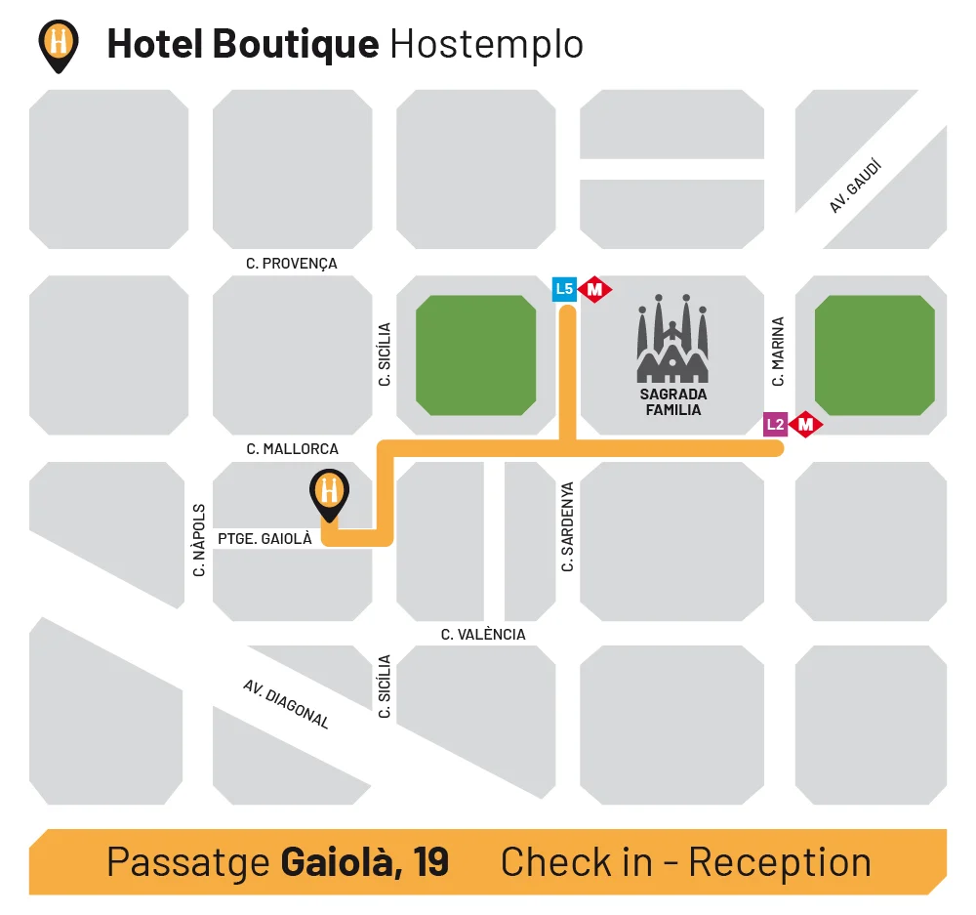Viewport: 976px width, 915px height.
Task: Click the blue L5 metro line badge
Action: pyautogui.click(x=564, y=289)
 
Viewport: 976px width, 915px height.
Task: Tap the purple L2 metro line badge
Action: pyautogui.click(x=775, y=424)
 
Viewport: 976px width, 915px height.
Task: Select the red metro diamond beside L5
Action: pyautogui.click(x=594, y=289)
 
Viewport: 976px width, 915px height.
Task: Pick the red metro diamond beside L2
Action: pyautogui.click(x=806, y=424)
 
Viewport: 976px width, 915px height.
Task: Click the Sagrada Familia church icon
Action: pyautogui.click(x=672, y=338)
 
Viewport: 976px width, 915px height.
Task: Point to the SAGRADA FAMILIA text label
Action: pyautogui.click(x=672, y=402)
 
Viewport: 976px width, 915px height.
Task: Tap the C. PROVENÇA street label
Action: pyautogui.click(x=292, y=264)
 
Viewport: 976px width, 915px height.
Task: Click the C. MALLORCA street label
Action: pyautogui.click(x=293, y=449)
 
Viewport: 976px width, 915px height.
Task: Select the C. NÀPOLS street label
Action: pyautogui.click(x=199, y=540)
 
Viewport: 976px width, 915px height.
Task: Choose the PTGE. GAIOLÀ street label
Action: pyautogui.click(x=264, y=538)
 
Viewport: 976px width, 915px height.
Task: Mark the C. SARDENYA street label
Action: pyautogui.click(x=567, y=526)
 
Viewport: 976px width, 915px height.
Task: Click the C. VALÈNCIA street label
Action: pyautogui.click(x=483, y=635)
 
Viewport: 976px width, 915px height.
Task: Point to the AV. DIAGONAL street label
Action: pyautogui.click(x=286, y=704)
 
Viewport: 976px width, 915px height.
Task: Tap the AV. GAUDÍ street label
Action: pyautogui.click(x=856, y=187)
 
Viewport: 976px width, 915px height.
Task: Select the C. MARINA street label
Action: pyautogui.click(x=778, y=351)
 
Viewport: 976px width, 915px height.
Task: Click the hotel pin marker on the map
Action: pyautogui.click(x=329, y=492)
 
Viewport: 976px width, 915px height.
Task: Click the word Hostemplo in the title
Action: pyautogui.click(x=486, y=44)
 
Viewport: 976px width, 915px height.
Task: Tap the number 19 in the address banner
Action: pyautogui.click(x=430, y=862)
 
